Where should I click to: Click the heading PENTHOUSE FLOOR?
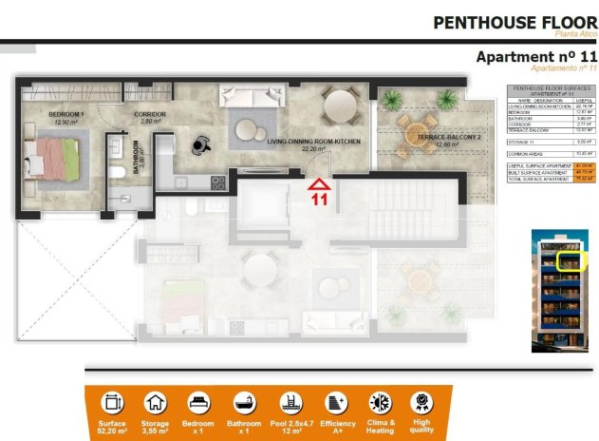pos(515,22)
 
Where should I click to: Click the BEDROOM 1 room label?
pos(67,117)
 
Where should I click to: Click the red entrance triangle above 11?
pos(320,183)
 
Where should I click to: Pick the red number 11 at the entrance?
pos(320,200)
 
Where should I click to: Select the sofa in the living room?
pos(248,96)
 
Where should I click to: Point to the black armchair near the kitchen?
pos(198,144)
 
